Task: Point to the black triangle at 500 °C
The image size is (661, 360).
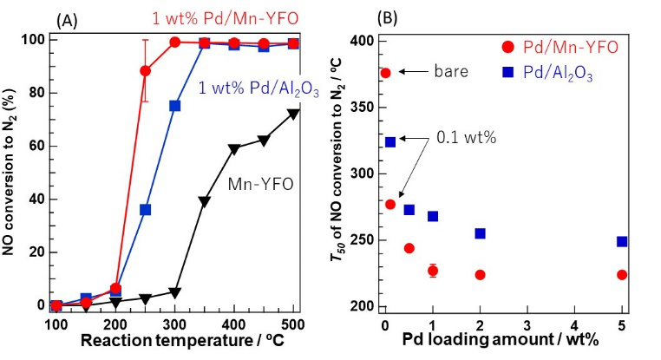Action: click(x=294, y=114)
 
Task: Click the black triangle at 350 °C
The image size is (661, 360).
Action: click(x=204, y=201)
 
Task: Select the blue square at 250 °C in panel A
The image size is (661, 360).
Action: click(x=146, y=210)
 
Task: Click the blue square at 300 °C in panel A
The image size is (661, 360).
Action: click(x=174, y=106)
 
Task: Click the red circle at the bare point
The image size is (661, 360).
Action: click(x=386, y=73)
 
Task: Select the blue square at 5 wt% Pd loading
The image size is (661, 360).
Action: click(x=622, y=242)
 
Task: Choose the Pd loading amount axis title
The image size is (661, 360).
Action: click(x=503, y=341)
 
